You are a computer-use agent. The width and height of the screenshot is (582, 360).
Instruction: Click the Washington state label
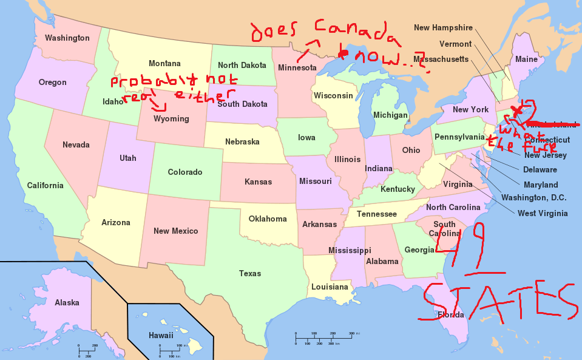[67, 38]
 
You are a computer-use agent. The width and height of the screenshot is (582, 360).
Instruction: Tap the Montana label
[164, 64]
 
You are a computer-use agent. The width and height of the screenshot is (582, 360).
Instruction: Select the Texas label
[250, 274]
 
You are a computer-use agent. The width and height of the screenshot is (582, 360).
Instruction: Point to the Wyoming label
[171, 119]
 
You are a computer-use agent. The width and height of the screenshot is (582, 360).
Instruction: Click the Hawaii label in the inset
[161, 335]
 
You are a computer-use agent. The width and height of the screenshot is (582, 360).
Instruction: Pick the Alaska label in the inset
[67, 302]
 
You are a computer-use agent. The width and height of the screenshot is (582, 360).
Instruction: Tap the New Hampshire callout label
[443, 28]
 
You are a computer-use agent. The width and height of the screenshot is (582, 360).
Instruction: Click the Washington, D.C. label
[533, 198]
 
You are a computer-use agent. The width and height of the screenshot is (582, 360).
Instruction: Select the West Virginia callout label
[543, 213]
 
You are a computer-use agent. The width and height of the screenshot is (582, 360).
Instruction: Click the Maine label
[526, 59]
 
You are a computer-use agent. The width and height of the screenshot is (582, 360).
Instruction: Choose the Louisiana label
[330, 287]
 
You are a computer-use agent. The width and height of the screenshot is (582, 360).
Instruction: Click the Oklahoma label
[268, 219]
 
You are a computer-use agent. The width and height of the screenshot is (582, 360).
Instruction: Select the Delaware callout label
[540, 170]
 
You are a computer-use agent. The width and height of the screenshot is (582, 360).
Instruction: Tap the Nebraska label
[242, 142]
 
